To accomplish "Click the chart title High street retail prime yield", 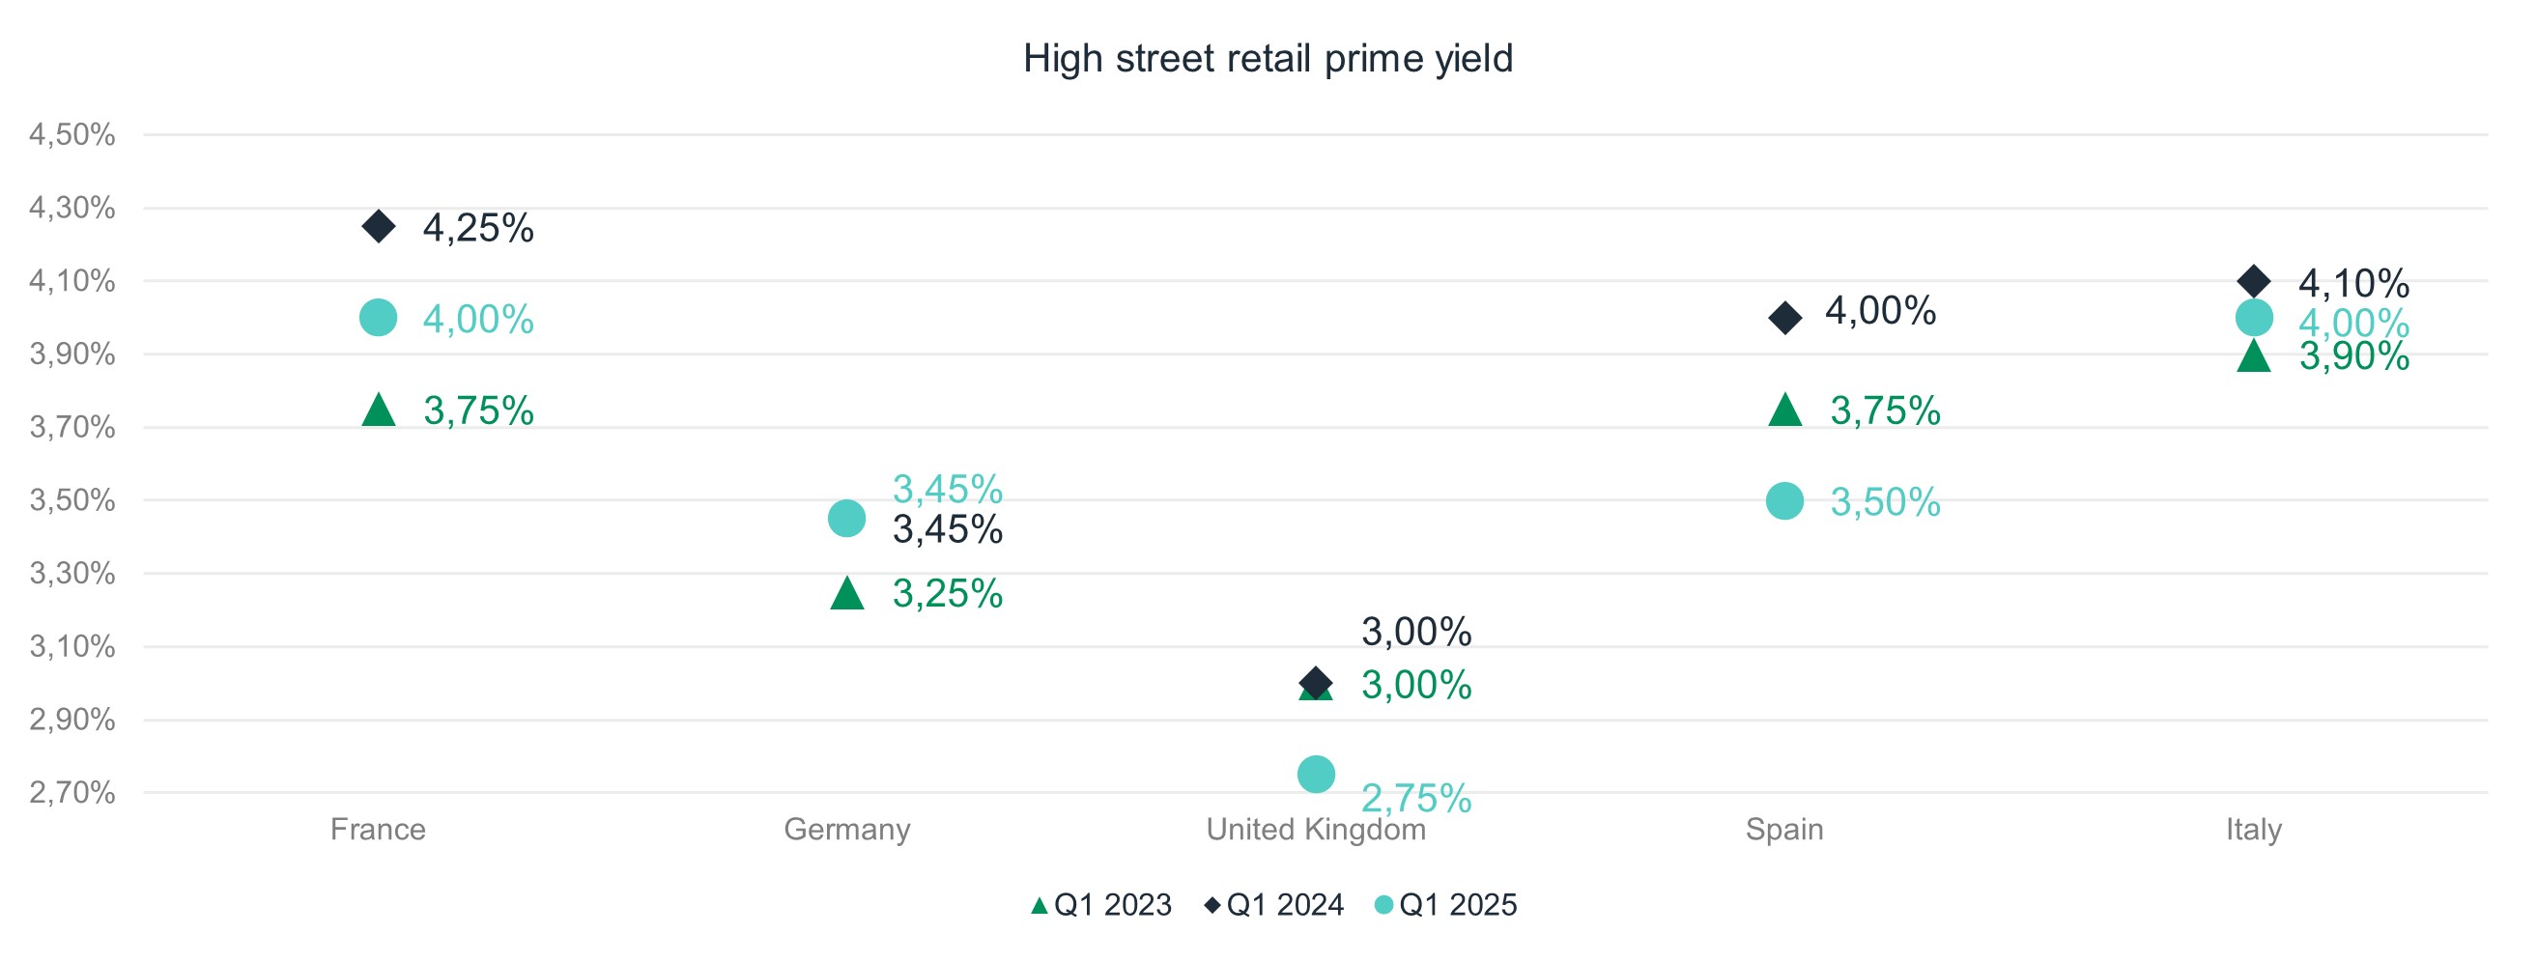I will pos(1268,59).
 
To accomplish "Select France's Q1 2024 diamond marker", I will pos(378,226).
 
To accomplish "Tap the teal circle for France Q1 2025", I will pos(378,318).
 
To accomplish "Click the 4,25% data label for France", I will pos(477,229).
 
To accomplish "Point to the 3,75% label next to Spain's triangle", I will pos(1885,411).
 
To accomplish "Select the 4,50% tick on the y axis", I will pos(71,135).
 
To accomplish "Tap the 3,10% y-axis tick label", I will pos(71,647).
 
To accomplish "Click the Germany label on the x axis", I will pos(847,829).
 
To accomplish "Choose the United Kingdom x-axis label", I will pos(1316,829).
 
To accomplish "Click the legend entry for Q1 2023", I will pos(1101,905).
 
